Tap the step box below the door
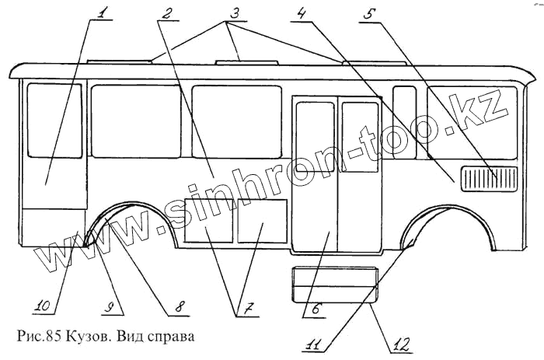coord(334,284)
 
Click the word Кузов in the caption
coord(81,338)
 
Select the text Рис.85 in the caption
coord(34,338)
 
